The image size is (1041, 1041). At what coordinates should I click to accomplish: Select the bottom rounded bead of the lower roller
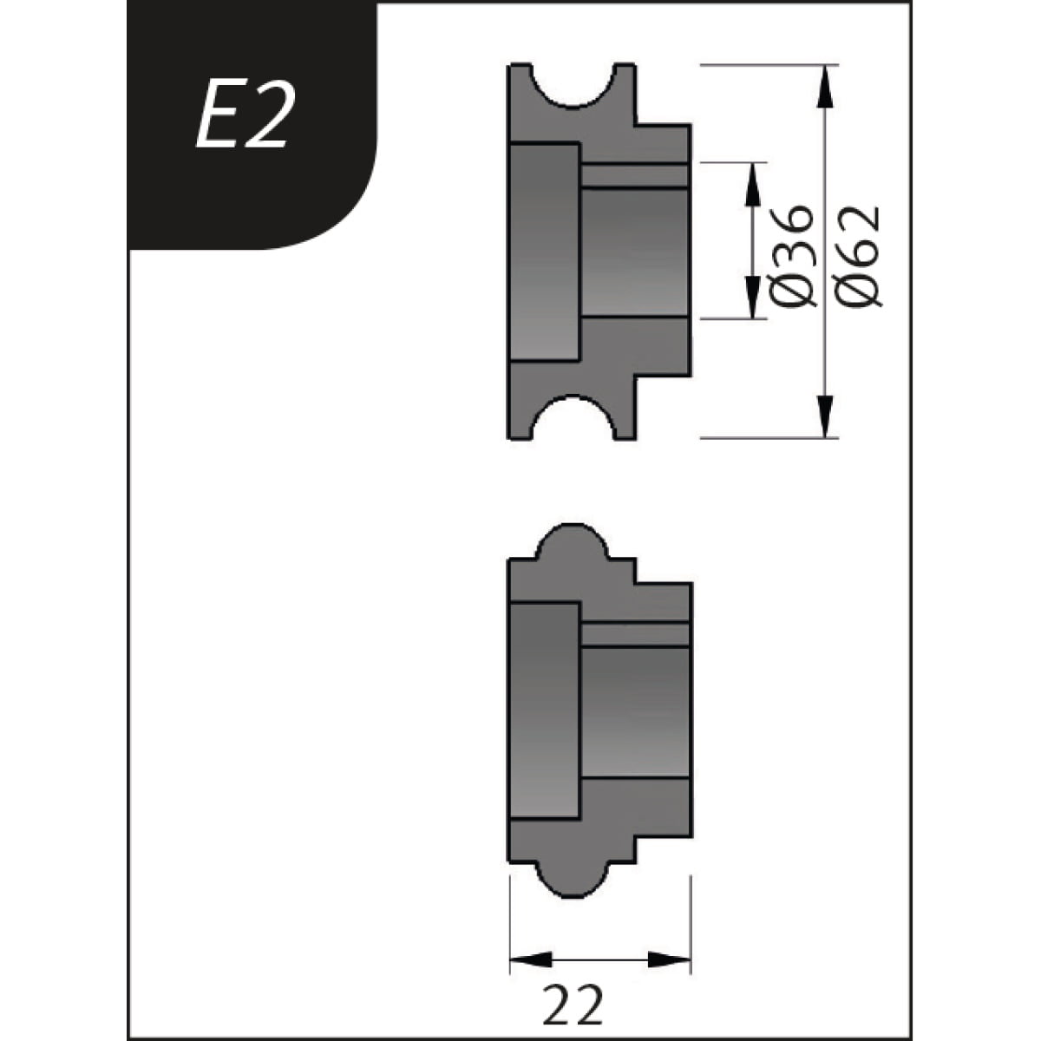[573, 881]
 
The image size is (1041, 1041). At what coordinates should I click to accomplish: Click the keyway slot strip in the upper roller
[634, 175]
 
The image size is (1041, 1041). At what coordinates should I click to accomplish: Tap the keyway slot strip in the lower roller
[634, 634]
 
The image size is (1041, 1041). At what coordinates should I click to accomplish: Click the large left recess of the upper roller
[544, 252]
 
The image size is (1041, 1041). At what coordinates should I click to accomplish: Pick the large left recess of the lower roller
[544, 711]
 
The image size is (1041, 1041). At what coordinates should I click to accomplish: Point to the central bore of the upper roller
[634, 252]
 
